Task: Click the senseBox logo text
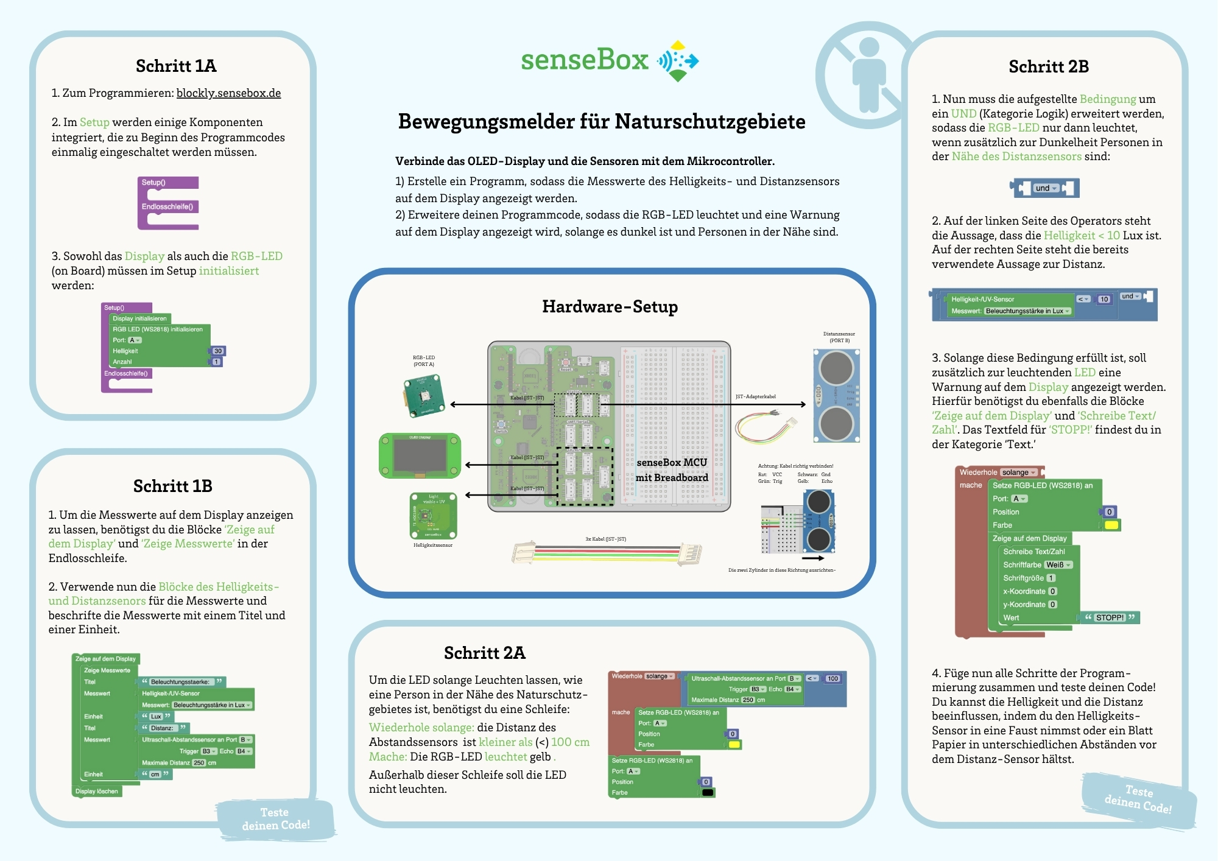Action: tap(585, 60)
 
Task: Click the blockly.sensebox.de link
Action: tap(228, 93)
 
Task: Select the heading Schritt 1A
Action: tap(176, 66)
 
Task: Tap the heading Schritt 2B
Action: tap(1048, 66)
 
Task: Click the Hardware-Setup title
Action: tap(610, 306)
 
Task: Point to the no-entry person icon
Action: tap(867, 74)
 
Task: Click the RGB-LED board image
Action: tap(424, 396)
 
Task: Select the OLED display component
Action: tap(420, 455)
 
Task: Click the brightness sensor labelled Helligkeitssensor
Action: tap(433, 516)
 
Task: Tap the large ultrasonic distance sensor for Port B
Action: tap(836, 395)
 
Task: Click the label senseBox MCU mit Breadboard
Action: tap(672, 469)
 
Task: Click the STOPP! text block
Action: tap(1110, 617)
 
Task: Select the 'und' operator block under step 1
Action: tap(1044, 188)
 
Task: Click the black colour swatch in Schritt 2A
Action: tap(707, 793)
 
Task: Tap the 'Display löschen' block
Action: tap(97, 791)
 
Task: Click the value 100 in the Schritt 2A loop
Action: tap(833, 678)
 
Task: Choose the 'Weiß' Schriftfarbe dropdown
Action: tap(1058, 565)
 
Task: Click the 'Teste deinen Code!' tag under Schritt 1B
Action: tap(276, 819)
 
